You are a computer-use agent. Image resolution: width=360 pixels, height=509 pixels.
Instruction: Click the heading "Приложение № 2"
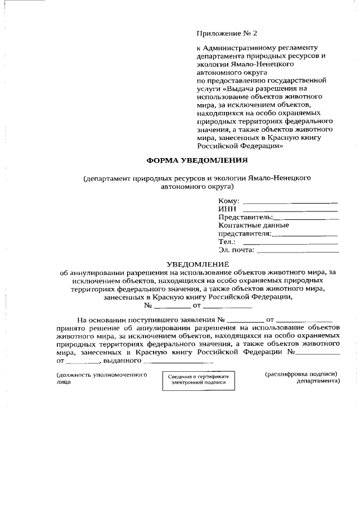tap(222, 34)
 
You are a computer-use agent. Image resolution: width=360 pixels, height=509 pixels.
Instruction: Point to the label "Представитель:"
tap(245, 217)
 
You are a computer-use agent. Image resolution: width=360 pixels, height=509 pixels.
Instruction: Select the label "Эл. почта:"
tap(236, 250)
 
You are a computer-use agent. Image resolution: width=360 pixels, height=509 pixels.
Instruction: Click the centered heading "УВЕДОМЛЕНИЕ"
tap(198, 264)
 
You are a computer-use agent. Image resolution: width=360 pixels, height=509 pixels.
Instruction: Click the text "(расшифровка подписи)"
tap(301, 373)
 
